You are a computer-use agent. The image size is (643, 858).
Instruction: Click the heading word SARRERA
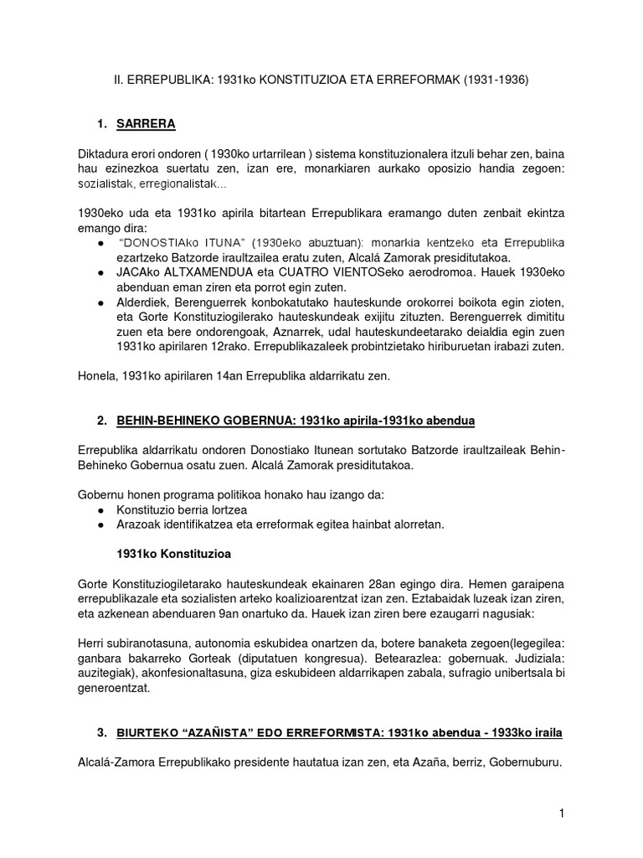146,125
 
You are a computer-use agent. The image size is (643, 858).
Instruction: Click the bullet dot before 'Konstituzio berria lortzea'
100,509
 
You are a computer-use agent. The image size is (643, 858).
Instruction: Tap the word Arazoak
141,525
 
